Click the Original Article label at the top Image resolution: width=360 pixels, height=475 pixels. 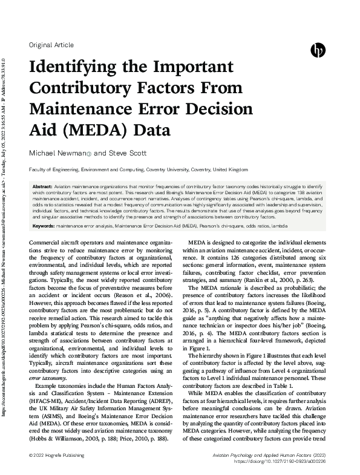51,45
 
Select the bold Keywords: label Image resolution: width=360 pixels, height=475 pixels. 44,225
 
